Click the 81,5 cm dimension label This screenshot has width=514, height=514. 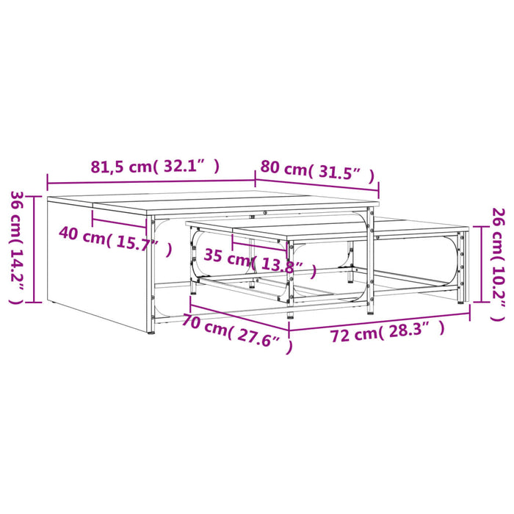click(x=154, y=166)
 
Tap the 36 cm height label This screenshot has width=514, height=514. click(x=16, y=248)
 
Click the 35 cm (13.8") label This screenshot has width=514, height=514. click(x=261, y=264)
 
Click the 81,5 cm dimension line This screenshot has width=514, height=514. click(x=151, y=182)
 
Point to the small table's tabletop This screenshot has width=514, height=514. click(x=323, y=228)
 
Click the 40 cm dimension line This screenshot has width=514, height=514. click(x=121, y=222)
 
